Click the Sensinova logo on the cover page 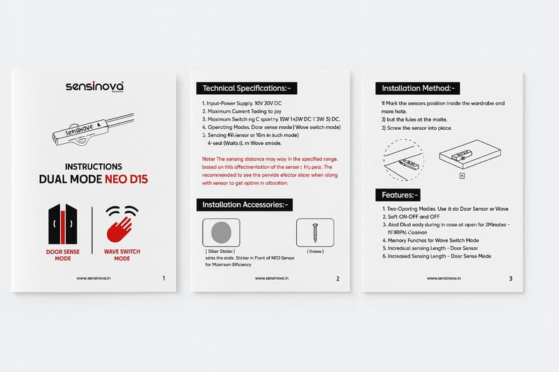click(x=94, y=87)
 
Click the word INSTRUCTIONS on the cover click(x=93, y=167)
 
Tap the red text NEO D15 click(x=126, y=179)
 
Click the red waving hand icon click(x=122, y=227)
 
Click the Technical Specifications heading click(x=247, y=89)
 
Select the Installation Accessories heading click(x=246, y=205)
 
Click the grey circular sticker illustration click(x=220, y=232)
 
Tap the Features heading click(x=398, y=195)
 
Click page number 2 click(x=337, y=278)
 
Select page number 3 click(x=511, y=278)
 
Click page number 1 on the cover click(x=164, y=278)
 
